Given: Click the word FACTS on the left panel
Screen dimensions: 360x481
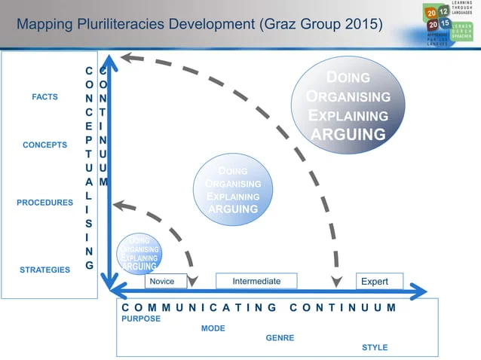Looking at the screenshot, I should pyautogui.click(x=44, y=97).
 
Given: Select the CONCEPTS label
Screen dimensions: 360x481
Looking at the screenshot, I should pyautogui.click(x=44, y=145).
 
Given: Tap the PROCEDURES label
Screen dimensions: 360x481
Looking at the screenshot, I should pyautogui.click(x=44, y=203).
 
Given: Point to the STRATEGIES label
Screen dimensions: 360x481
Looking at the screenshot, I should pyautogui.click(x=44, y=270).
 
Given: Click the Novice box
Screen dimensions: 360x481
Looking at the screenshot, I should pyautogui.click(x=162, y=281).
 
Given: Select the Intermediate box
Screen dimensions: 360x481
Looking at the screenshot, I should pyautogui.click(x=256, y=281).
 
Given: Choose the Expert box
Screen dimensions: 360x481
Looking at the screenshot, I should pyautogui.click(x=375, y=281).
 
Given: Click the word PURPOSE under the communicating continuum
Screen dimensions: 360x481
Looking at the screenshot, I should pyautogui.click(x=141, y=319).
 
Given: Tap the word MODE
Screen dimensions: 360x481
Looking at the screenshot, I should pyautogui.click(x=213, y=328).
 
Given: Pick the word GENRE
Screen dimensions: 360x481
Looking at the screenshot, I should pyautogui.click(x=280, y=338).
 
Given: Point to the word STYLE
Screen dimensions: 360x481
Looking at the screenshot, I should pyautogui.click(x=375, y=347).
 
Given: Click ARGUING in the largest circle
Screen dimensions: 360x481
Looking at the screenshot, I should pyautogui.click(x=348, y=135).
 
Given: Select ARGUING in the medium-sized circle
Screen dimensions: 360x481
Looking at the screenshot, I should pyautogui.click(x=233, y=209).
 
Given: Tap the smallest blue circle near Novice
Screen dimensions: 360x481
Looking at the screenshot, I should pyautogui.click(x=139, y=252).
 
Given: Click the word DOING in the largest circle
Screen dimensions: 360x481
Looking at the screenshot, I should pyautogui.click(x=348, y=78).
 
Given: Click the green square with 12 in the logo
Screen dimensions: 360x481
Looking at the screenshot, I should pyautogui.click(x=443, y=11).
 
